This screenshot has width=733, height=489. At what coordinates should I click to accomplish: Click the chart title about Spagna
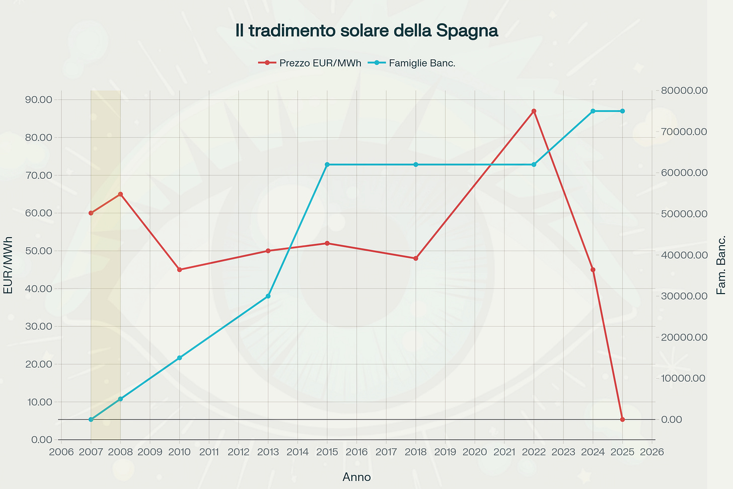[366, 31]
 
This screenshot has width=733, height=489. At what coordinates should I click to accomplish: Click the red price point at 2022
[534, 111]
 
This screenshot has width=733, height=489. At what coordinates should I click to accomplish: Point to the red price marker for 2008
[120, 194]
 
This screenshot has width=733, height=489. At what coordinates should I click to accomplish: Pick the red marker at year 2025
[622, 419]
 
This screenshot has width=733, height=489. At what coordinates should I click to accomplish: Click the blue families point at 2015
[327, 165]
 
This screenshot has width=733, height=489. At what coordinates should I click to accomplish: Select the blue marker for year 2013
[268, 296]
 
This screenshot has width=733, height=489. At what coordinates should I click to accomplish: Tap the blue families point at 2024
[593, 111]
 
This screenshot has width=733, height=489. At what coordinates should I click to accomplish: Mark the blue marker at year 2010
[179, 358]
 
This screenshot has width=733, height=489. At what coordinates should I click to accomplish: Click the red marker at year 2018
[416, 258]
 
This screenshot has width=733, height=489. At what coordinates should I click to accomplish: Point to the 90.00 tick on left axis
[38, 100]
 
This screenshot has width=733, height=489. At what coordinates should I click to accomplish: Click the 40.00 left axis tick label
[38, 289]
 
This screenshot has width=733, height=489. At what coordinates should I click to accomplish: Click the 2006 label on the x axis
[61, 452]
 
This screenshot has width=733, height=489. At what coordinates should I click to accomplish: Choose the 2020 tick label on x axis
[475, 452]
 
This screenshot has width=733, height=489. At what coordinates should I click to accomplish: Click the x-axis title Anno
[356, 477]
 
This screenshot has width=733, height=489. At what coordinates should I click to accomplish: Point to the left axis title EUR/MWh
[8, 265]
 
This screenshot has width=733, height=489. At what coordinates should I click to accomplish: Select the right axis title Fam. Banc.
[721, 265]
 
